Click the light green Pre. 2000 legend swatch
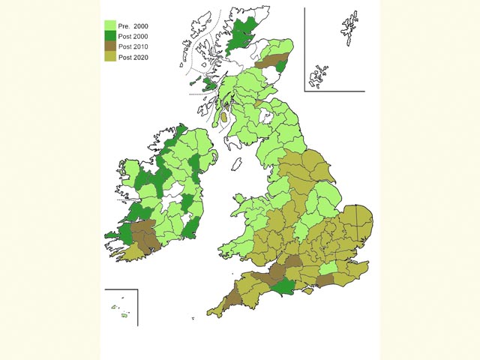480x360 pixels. pyautogui.click(x=109, y=25)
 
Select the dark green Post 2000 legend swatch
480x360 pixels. pyautogui.click(x=109, y=35)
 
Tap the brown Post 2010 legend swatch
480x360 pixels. pyautogui.click(x=109, y=46)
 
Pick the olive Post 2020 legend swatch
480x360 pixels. pyautogui.click(x=109, y=56)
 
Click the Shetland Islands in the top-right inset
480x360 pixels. pyautogui.click(x=349, y=33)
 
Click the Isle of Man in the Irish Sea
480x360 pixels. pyautogui.click(x=237, y=163)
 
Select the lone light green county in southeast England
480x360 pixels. pyautogui.click(x=328, y=269)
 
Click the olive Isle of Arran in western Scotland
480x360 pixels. pyautogui.click(x=223, y=118)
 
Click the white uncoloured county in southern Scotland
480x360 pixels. pyautogui.click(x=264, y=117)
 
